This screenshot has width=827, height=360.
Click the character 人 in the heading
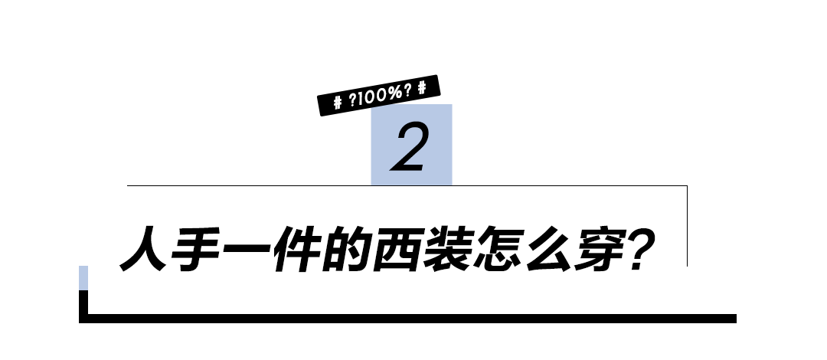click(145, 247)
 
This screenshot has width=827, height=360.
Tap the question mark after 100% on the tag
click(407, 91)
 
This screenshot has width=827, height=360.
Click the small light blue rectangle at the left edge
click(83, 277)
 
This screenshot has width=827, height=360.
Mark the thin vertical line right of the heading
click(687, 225)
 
